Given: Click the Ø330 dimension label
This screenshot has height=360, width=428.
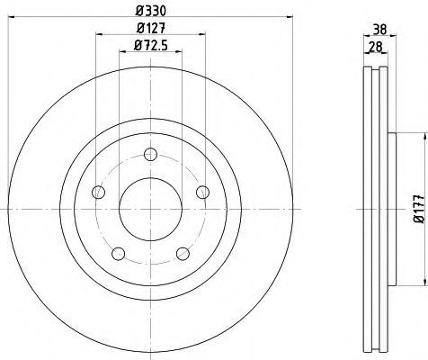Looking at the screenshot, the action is (150, 11).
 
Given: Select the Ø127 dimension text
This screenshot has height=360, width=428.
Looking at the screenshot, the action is (151, 28).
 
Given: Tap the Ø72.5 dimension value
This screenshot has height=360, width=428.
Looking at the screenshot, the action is (151, 46).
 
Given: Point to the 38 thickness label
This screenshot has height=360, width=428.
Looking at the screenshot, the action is (379, 30).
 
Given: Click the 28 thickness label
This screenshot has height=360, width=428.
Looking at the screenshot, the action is (375, 47).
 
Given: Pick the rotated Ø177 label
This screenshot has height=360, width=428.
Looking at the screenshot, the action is (419, 209).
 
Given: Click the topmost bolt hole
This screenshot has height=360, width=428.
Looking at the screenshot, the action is (150, 155).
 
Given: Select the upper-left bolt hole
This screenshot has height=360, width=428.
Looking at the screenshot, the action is (98, 192).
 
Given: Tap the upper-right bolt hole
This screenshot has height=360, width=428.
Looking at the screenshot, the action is (203, 192).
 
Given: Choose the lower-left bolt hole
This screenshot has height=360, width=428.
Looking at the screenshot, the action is (118, 254).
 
